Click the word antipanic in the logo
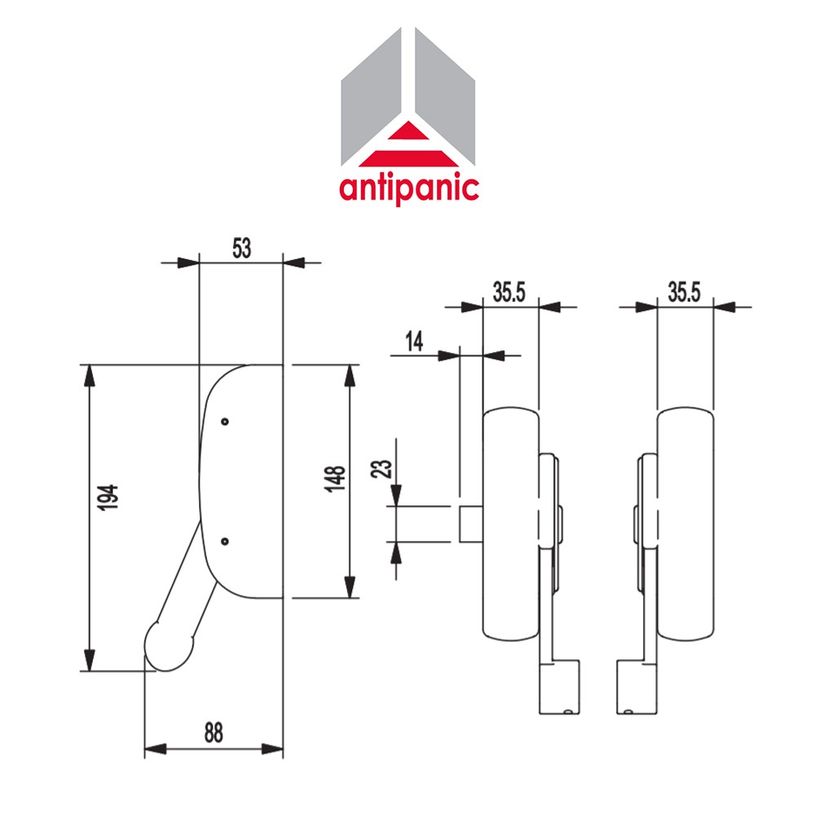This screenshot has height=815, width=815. tap(408, 187)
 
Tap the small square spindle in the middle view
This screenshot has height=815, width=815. tap(470, 523)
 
